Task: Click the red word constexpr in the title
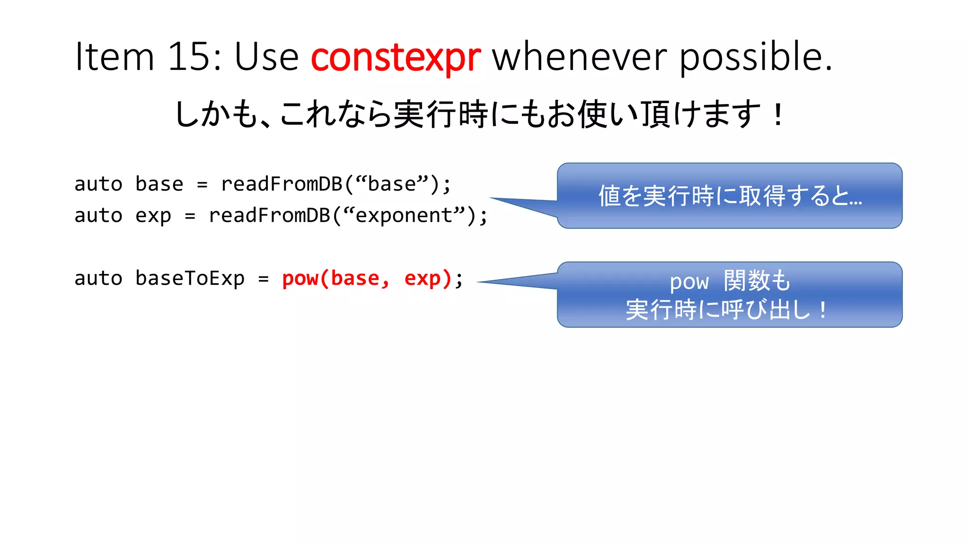tap(396, 57)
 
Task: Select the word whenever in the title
tap(579, 57)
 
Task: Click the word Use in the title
tap(266, 57)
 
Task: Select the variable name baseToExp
tap(190, 278)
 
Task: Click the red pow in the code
tap(300, 279)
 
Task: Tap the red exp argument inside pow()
tap(422, 279)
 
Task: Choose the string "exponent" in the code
tap(404, 216)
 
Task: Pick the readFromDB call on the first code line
tap(282, 184)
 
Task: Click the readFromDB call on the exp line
tap(269, 216)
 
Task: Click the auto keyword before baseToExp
tap(98, 278)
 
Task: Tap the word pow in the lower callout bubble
tap(689, 282)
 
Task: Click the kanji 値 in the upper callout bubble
tap(609, 196)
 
